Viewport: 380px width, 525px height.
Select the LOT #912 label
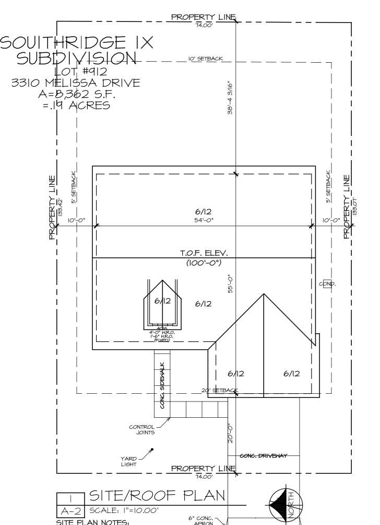81,72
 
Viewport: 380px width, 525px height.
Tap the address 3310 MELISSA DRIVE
76,83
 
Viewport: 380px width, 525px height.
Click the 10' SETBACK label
206,59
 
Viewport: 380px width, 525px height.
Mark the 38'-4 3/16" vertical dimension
230,98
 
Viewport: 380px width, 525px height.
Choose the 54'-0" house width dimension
204,221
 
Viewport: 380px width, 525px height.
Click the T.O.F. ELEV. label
204,253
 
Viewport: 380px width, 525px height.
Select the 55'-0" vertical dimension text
230,283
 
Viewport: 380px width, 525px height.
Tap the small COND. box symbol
327,283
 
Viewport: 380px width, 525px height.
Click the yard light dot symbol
152,449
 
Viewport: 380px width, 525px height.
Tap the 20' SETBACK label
219,391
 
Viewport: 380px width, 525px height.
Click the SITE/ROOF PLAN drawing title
157,495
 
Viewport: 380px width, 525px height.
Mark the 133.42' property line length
61,208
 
